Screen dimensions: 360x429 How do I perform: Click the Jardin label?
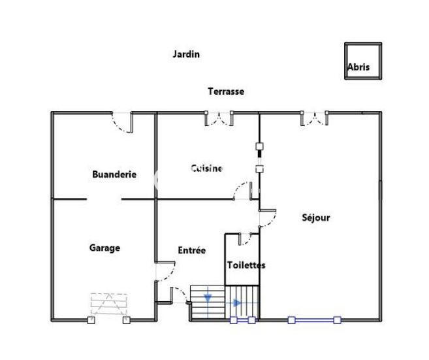[186, 54]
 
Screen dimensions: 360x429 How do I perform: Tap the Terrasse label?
[226, 91]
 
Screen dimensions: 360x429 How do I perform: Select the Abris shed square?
[362, 61]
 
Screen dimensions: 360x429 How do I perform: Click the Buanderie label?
[114, 174]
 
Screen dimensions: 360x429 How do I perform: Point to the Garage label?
[104, 248]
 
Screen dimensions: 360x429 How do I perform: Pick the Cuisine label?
[207, 169]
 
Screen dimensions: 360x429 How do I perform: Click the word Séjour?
[315, 218]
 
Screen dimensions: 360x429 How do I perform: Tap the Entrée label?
[192, 250]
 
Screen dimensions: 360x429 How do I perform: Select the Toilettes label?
[246, 265]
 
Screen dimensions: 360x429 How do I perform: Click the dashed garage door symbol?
[109, 304]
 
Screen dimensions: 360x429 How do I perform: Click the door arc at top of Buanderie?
[122, 122]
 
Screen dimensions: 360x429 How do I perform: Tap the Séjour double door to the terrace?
[314, 119]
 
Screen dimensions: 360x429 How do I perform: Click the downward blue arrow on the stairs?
[208, 299]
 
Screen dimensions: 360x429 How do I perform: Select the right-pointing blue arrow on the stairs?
[236, 303]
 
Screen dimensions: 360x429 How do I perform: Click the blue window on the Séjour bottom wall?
[314, 319]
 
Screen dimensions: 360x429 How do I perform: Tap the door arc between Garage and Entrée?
[165, 270]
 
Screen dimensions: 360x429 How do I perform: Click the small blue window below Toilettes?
[242, 320]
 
